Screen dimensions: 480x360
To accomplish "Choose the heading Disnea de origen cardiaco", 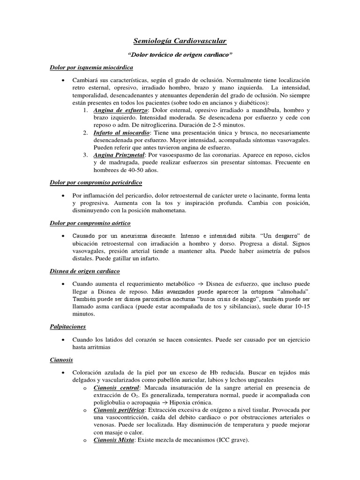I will tap(85, 271).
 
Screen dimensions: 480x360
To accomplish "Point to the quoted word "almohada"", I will tap(292, 292).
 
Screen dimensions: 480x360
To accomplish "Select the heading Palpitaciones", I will tap(68, 326).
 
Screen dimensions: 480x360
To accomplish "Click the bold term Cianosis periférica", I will tap(119, 410).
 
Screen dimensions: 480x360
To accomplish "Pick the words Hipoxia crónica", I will tap(192, 402).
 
